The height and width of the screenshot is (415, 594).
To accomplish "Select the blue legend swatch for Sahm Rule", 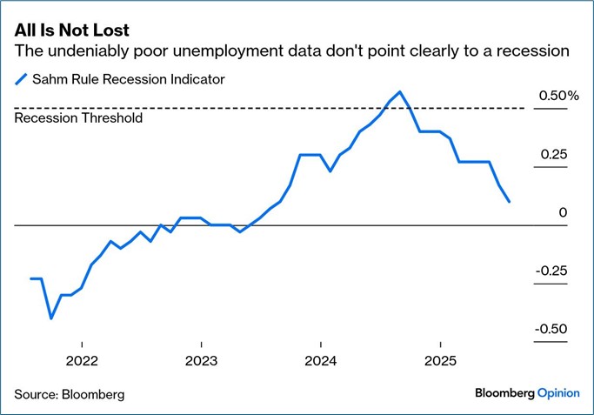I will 23,80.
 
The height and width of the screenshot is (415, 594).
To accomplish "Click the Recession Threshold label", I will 79,117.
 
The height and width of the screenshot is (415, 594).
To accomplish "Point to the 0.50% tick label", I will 551,95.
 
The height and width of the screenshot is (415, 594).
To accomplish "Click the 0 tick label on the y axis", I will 563,212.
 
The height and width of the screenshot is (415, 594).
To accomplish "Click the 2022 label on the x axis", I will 81,360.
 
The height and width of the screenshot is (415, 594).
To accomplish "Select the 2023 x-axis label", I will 201,360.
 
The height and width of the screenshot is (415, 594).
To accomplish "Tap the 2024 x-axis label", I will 320,360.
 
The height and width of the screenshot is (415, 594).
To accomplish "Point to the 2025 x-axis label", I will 440,360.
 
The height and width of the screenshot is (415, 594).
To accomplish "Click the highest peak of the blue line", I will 399,91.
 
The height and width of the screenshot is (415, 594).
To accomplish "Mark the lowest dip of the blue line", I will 51,318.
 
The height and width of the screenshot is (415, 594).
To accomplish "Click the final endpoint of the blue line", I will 509,202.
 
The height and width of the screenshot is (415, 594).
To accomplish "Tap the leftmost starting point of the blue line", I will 31,278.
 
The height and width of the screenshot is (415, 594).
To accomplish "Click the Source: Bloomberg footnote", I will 70,394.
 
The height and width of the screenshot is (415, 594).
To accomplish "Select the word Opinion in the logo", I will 557,393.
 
